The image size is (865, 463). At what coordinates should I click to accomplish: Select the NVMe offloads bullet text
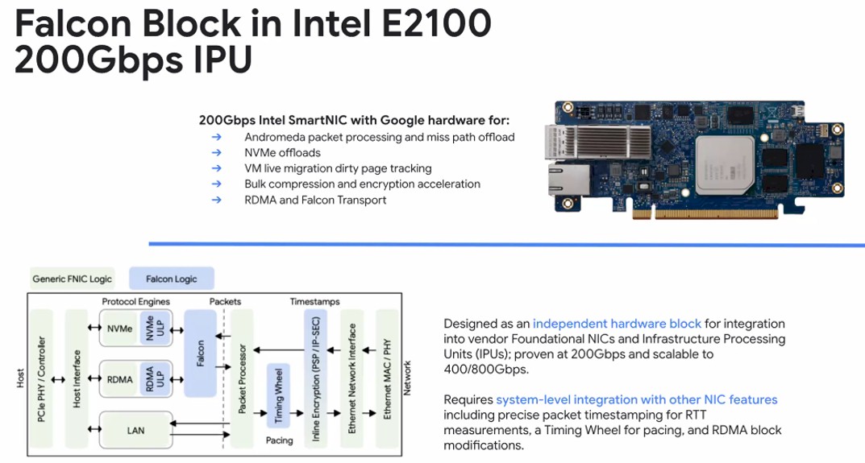pos(282,153)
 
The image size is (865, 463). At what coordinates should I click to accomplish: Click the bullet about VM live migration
pos(338,168)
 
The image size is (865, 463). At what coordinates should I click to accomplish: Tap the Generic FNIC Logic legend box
pos(73,279)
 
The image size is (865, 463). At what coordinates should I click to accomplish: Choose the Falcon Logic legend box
pos(171,279)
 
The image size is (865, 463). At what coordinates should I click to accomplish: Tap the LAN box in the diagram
pos(135,431)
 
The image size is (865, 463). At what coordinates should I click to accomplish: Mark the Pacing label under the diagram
pos(278,441)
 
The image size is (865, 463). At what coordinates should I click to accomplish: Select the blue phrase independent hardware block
pos(617,324)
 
